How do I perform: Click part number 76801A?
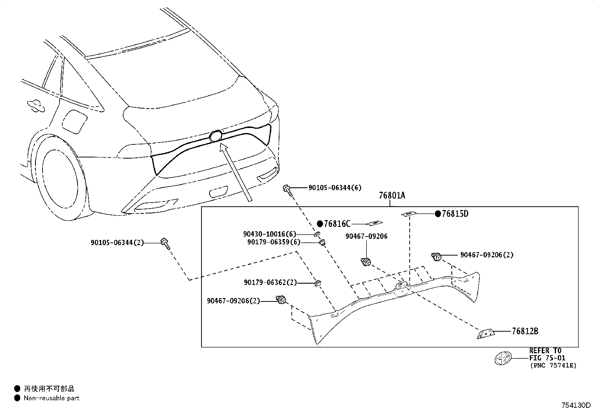(392, 195)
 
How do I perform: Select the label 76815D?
(455, 214)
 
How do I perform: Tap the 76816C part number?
(337, 224)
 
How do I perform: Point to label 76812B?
(525, 331)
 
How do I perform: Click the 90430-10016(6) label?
(269, 234)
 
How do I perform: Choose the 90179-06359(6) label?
(273, 242)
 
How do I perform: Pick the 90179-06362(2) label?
(271, 283)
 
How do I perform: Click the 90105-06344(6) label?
(335, 188)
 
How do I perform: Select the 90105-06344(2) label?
(117, 242)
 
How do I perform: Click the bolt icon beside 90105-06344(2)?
(165, 242)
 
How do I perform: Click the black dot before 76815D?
(437, 214)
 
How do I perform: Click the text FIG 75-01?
(547, 358)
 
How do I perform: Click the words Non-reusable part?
(51, 398)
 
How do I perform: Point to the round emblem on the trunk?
(216, 136)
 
